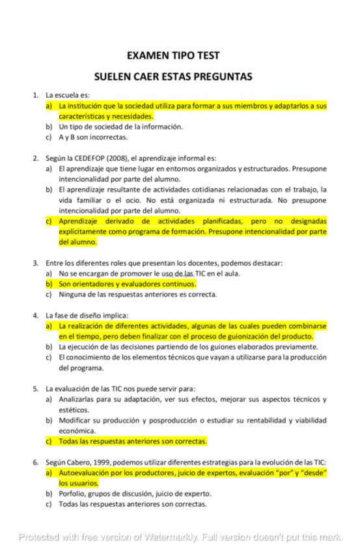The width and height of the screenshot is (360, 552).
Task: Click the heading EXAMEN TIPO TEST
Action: pyautogui.click(x=173, y=56)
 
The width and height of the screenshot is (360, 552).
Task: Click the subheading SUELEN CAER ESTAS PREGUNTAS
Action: pyautogui.click(x=173, y=76)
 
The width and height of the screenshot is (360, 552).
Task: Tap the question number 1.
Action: pyautogui.click(x=36, y=95)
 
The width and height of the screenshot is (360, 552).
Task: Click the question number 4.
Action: pyautogui.click(x=36, y=315)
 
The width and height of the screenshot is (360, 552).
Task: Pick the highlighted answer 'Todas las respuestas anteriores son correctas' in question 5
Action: pyautogui.click(x=132, y=441)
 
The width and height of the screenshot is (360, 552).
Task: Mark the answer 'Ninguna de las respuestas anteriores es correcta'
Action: pyautogui.click(x=137, y=294)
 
